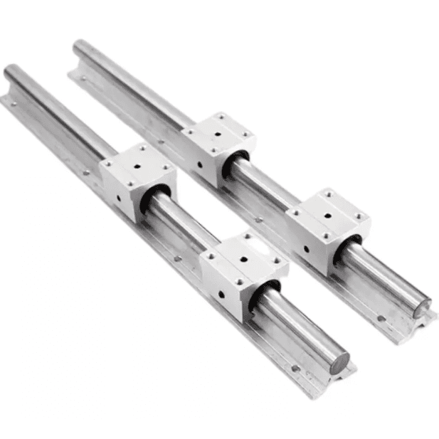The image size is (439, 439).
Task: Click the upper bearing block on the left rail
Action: click(x=137, y=178)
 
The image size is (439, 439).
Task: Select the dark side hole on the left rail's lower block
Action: click(x=221, y=292)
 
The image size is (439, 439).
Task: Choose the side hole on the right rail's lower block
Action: click(x=307, y=248)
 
